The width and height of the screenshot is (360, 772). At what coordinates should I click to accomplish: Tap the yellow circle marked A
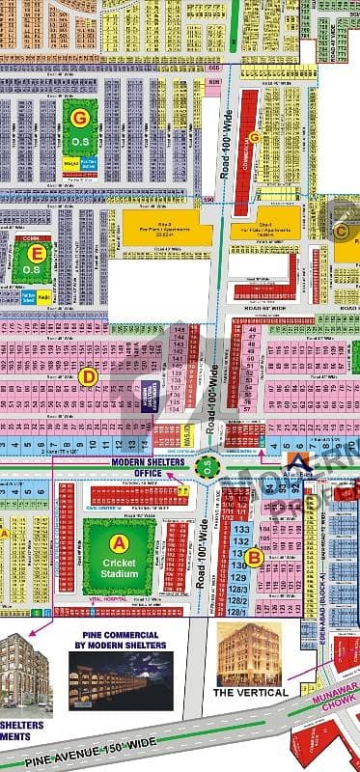[x=119, y=540]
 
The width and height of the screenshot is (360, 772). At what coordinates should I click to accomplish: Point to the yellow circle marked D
[x=89, y=376]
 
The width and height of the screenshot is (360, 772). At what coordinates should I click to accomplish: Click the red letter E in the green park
[x=38, y=253]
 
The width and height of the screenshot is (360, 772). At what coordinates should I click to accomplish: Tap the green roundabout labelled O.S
[x=205, y=466]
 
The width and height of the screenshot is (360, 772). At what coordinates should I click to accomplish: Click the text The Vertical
[x=249, y=692]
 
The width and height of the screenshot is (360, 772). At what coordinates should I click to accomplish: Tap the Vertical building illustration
[x=248, y=652]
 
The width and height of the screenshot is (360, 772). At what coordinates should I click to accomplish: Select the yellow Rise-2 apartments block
[x=167, y=230]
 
